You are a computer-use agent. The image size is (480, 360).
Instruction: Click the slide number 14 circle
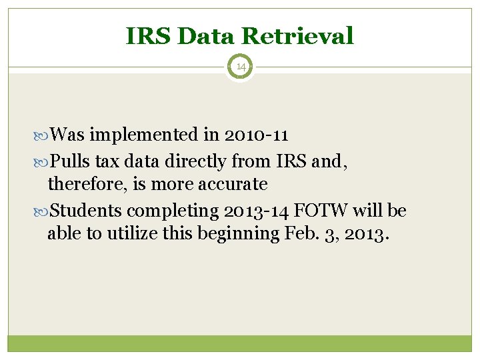(x=240, y=67)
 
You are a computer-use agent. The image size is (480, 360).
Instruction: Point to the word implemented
(x=144, y=135)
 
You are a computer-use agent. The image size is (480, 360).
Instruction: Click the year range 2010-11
(x=256, y=135)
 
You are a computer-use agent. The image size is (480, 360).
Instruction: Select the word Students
(x=86, y=211)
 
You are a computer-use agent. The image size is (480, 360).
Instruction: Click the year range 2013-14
(x=256, y=211)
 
